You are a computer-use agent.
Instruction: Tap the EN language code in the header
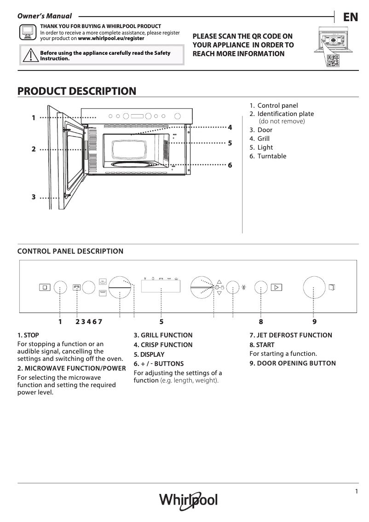point(351,17)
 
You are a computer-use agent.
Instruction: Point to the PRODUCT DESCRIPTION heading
point(76,91)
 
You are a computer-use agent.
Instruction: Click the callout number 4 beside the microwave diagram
point(230,127)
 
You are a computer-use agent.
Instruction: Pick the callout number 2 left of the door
point(34,150)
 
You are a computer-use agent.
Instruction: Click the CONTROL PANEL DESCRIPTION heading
point(70,251)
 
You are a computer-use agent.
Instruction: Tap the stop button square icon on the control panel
point(45,288)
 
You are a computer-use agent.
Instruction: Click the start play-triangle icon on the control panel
point(276,288)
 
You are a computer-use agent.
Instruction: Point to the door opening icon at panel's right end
point(332,287)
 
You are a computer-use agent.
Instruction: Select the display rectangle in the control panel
point(161,287)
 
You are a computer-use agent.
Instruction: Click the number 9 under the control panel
point(314,322)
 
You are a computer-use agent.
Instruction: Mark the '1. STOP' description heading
point(28,335)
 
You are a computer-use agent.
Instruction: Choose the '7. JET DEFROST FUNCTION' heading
point(291,335)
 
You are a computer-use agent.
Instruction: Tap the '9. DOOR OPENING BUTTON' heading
point(293,363)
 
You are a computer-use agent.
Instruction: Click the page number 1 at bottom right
point(356,491)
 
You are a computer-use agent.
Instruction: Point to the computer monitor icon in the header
point(27,32)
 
